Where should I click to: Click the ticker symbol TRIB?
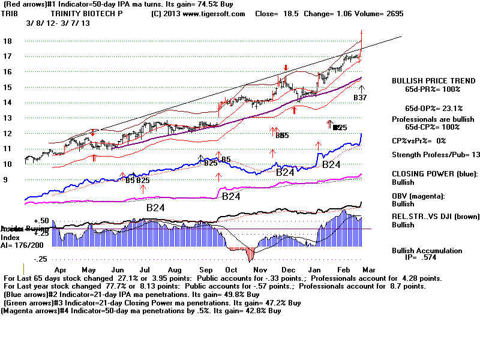pyautogui.click(x=9, y=13)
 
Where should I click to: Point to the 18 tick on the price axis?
pyautogui.click(x=10, y=41)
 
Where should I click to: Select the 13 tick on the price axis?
pyautogui.click(x=9, y=118)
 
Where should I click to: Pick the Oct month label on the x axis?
pyautogui.click(x=231, y=271)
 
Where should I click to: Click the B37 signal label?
pyautogui.click(x=360, y=97)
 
